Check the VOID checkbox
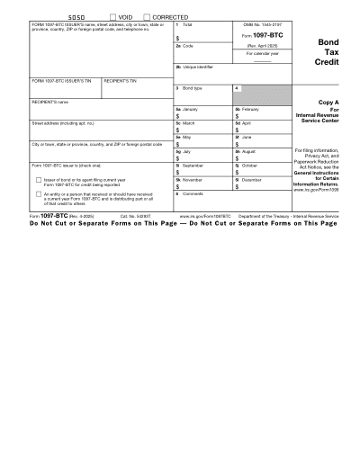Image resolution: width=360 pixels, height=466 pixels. pyautogui.click(x=112, y=17)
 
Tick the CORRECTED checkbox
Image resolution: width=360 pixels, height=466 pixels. pyautogui.click(x=148, y=17)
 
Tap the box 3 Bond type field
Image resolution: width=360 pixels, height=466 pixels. pyautogui.click(x=202, y=94)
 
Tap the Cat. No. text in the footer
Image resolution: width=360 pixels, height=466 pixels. pyautogui.click(x=136, y=217)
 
